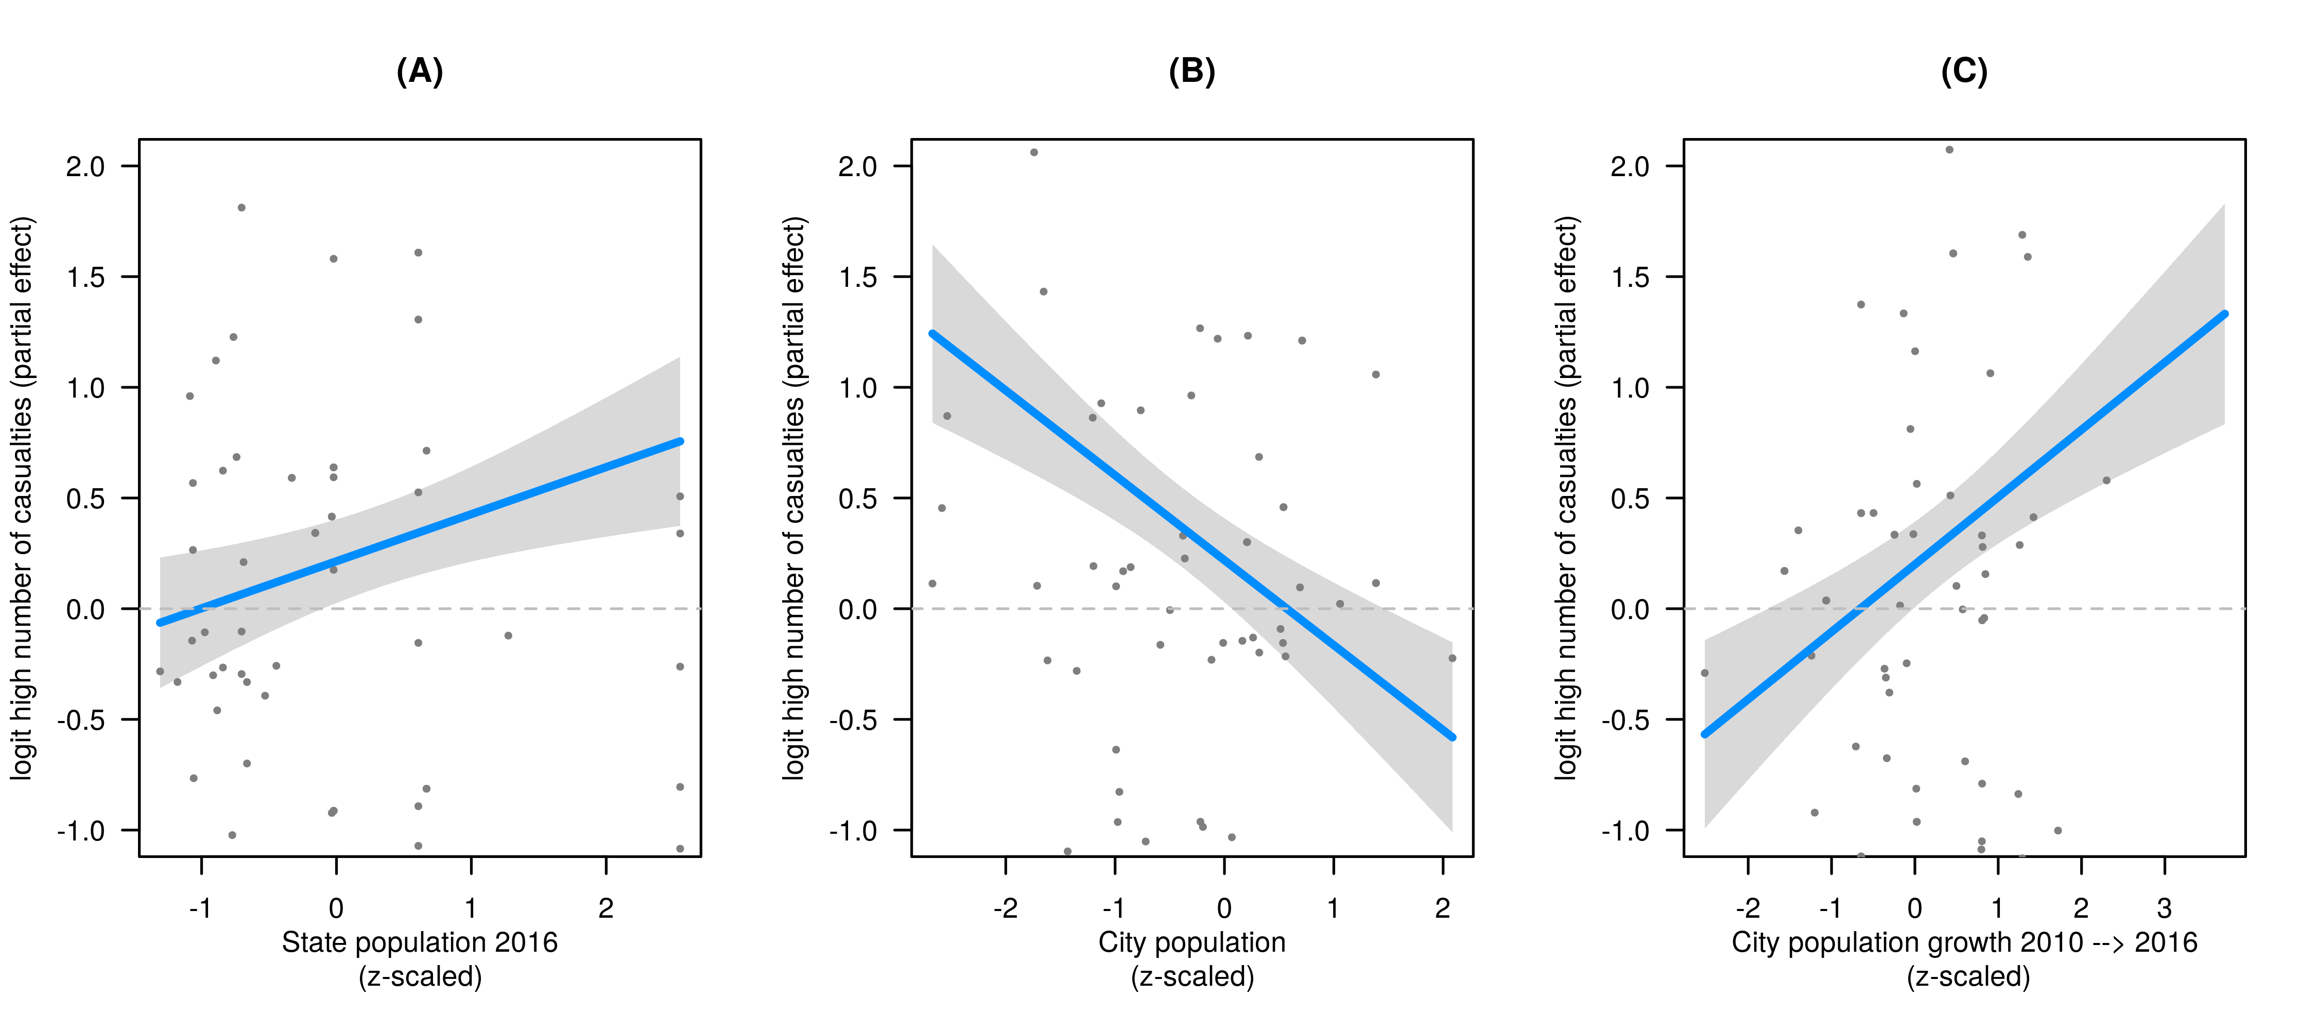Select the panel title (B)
click(x=1192, y=71)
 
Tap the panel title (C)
click(x=1964, y=71)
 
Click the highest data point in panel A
click(x=241, y=208)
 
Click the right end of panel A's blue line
click(x=680, y=442)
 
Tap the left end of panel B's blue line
click(x=933, y=334)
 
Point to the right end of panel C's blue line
click(x=2224, y=314)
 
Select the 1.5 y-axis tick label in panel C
click(x=1630, y=277)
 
